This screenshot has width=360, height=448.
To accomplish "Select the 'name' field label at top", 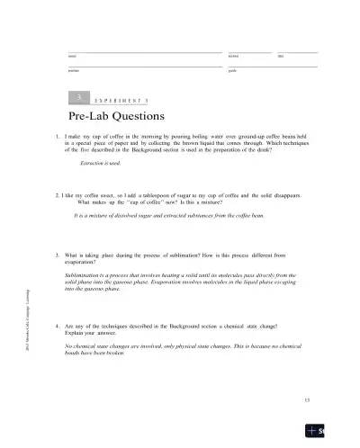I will click(x=71, y=57).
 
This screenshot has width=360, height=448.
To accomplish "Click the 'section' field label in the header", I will click(x=233, y=57).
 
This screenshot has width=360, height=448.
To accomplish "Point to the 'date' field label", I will click(x=282, y=57).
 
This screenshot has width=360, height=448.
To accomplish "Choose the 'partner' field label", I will click(x=73, y=70).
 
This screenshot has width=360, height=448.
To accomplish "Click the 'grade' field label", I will click(x=232, y=70).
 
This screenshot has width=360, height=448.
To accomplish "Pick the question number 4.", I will click(x=58, y=324).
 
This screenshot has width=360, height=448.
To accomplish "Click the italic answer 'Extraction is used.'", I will click(x=101, y=165).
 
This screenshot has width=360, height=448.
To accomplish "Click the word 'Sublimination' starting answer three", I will click(x=87, y=273).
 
